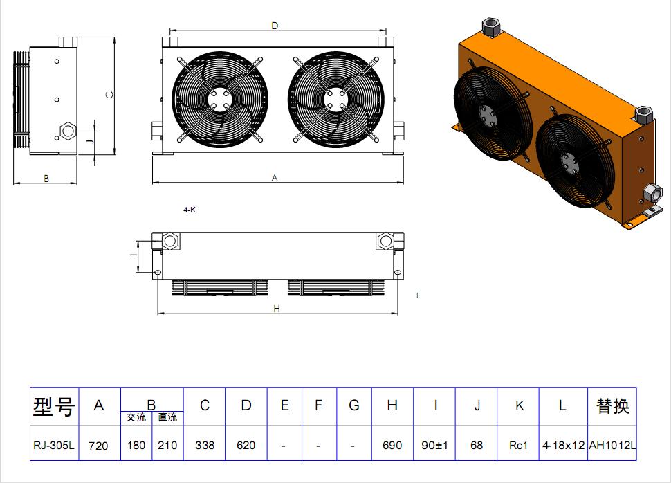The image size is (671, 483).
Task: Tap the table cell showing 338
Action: [x=205, y=446]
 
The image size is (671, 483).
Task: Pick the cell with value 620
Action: [x=246, y=446]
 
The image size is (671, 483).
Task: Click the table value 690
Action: [x=392, y=446]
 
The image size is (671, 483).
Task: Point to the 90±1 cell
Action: [x=435, y=446]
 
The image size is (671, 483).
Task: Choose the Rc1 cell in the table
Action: [x=519, y=446]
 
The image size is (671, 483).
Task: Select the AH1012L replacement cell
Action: [x=613, y=446]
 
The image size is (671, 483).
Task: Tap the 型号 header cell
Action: [x=54, y=407]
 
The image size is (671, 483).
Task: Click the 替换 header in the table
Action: [x=613, y=406]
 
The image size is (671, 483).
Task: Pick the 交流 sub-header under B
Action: [x=136, y=417]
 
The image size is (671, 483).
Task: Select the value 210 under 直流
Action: [x=167, y=446]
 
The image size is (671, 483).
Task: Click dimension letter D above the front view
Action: [x=275, y=26]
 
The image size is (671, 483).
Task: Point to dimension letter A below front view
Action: [x=275, y=179]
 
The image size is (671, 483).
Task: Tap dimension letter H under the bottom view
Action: [x=277, y=309]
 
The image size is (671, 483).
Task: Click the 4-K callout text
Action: [x=190, y=209]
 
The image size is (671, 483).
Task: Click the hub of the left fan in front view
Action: [x=219, y=98]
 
